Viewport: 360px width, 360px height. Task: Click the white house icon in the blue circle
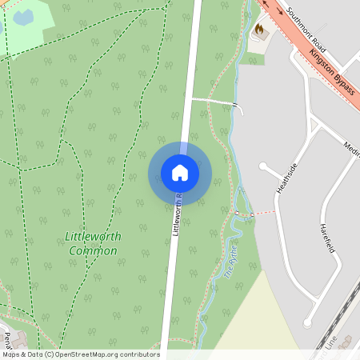[x=180, y=172]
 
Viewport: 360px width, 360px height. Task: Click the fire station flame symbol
[x=258, y=30]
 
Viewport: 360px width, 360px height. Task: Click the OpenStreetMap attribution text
[x=80, y=354]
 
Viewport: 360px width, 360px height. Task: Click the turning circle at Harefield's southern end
[x=307, y=322]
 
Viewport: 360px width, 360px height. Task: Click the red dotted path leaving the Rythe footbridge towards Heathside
[x=262, y=214]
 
